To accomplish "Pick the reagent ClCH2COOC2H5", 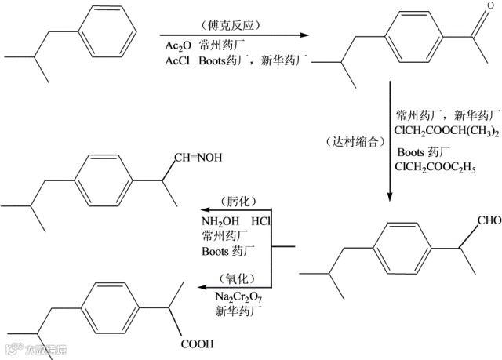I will tap(437, 168).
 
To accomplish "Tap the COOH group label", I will tap(196, 344).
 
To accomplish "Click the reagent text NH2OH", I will tap(220, 222).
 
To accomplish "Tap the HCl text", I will tap(262, 222).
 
